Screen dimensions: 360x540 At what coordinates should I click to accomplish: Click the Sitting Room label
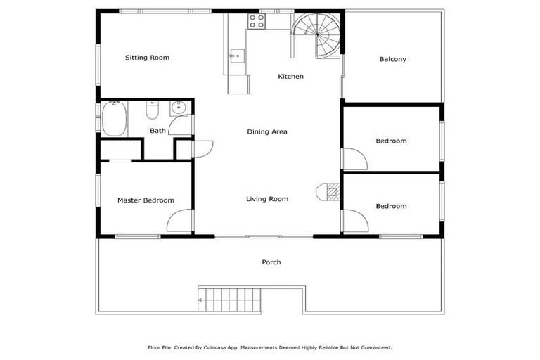[x=147, y=58]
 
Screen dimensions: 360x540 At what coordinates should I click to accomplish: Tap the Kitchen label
[x=290, y=77]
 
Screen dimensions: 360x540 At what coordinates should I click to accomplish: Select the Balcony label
[x=392, y=59]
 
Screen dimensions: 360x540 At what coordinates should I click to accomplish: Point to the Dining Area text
[x=267, y=131]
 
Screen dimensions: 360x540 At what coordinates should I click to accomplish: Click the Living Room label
[x=267, y=199]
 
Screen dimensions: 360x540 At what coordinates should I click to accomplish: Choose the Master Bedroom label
[x=146, y=200]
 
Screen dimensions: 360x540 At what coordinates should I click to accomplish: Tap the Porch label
[x=271, y=262]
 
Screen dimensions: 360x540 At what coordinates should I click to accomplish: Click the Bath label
[x=157, y=130]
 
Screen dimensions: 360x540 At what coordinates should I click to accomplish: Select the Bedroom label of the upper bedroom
[x=391, y=141]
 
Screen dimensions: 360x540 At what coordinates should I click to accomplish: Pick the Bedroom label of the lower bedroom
[x=391, y=206]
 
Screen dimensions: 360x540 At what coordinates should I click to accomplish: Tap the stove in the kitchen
[x=257, y=21]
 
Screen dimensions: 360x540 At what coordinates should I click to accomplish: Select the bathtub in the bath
[x=113, y=119]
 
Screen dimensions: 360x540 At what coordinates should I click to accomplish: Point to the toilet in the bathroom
[x=152, y=110]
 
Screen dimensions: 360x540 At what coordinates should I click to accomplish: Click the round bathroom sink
[x=179, y=108]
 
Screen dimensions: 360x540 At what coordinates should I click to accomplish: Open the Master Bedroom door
[x=180, y=220]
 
